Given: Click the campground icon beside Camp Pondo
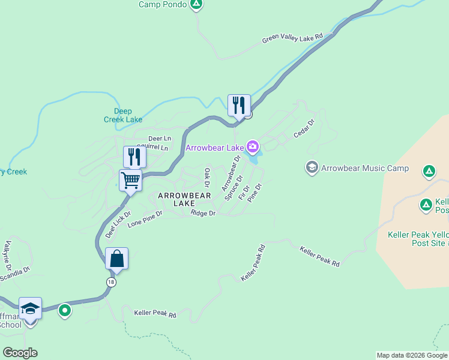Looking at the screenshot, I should tap(196, 5).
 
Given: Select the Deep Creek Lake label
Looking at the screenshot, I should tap(128, 115).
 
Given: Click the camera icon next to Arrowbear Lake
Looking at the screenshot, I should tap(253, 146).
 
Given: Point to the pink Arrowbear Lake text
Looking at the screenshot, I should tap(214, 148).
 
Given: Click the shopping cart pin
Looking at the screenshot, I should tap(130, 179).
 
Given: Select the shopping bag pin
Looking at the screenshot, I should tap(116, 259).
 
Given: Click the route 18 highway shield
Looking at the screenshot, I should tap(111, 282).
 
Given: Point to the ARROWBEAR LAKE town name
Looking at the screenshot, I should tap(184, 200).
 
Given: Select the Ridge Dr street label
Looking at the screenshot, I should tap(203, 214).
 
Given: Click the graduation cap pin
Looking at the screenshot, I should tap(30, 308).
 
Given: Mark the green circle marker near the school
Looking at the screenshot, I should tap(65, 311).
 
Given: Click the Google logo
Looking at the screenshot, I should tap(20, 353).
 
